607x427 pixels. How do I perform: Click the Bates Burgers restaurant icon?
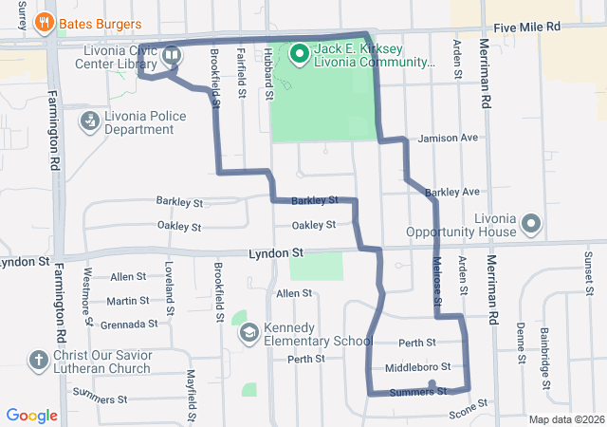pyautogui.click(x=43, y=22)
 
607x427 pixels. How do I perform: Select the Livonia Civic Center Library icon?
pyautogui.click(x=171, y=54)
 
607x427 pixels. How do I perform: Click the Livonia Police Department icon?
pyautogui.click(x=89, y=121)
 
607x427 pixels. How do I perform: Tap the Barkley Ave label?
pyautogui.click(x=452, y=192)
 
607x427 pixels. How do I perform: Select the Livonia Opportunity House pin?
pyautogui.click(x=531, y=225)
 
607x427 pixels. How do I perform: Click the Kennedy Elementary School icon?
pyautogui.click(x=248, y=333)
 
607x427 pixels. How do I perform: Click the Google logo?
pyautogui.click(x=32, y=415)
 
